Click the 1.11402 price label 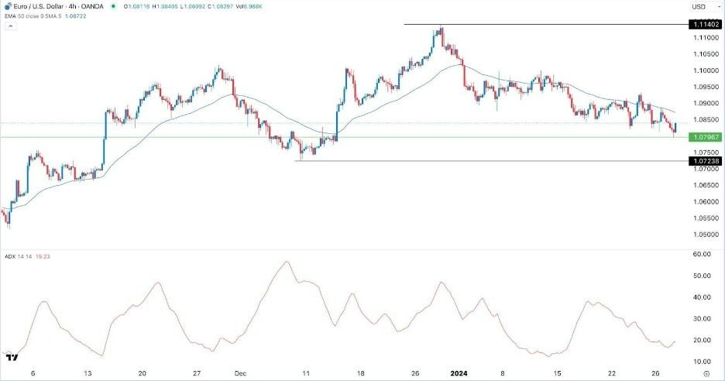pyautogui.click(x=704, y=25)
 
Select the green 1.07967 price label pyautogui.click(x=704, y=137)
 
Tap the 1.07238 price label pyautogui.click(x=704, y=161)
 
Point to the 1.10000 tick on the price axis pyautogui.click(x=704, y=70)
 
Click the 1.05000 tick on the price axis pyautogui.click(x=704, y=234)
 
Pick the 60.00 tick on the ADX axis pyautogui.click(x=702, y=254)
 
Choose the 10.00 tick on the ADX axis pyautogui.click(x=702, y=362)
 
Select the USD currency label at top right pyautogui.click(x=700, y=7)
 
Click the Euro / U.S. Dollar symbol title pyautogui.click(x=46, y=6)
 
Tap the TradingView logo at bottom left pyautogui.click(x=12, y=357)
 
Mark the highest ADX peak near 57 pyautogui.click(x=287, y=262)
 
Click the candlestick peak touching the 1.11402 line pyautogui.click(x=440, y=29)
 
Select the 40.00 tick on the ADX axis pyautogui.click(x=702, y=297)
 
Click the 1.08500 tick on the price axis pyautogui.click(x=704, y=119)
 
